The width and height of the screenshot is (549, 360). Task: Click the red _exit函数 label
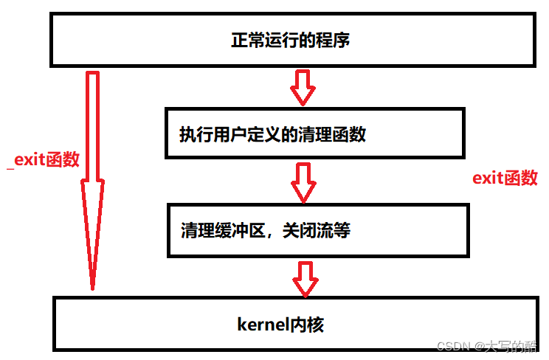click(43, 160)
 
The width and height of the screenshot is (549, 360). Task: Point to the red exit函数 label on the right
click(505, 178)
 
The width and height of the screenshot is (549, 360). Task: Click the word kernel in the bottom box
click(261, 324)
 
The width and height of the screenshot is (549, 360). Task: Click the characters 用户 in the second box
click(224, 135)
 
